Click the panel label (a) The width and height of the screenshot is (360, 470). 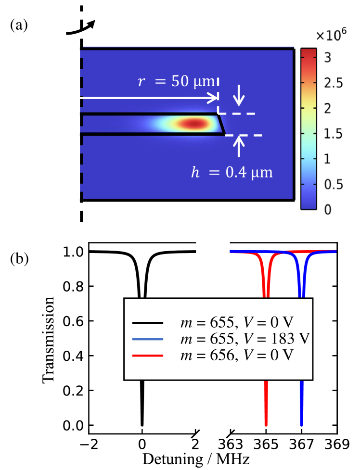19,25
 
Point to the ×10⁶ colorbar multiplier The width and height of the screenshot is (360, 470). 327,37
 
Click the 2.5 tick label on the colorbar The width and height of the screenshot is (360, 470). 330,83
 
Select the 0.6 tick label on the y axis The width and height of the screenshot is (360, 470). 71,321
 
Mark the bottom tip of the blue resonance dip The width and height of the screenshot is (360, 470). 302,425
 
